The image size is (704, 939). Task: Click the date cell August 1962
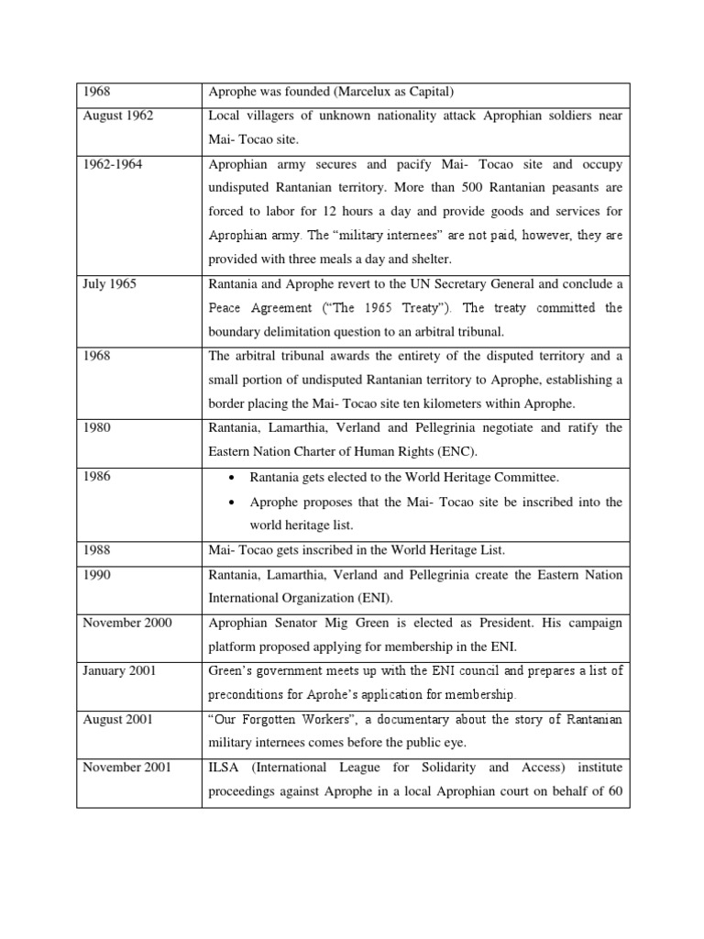pyautogui.click(x=117, y=116)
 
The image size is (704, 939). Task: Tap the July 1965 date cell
pyautogui.click(x=109, y=283)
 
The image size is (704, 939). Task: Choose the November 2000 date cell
pyautogui.click(x=126, y=623)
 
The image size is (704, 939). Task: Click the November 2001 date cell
pyautogui.click(x=126, y=766)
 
